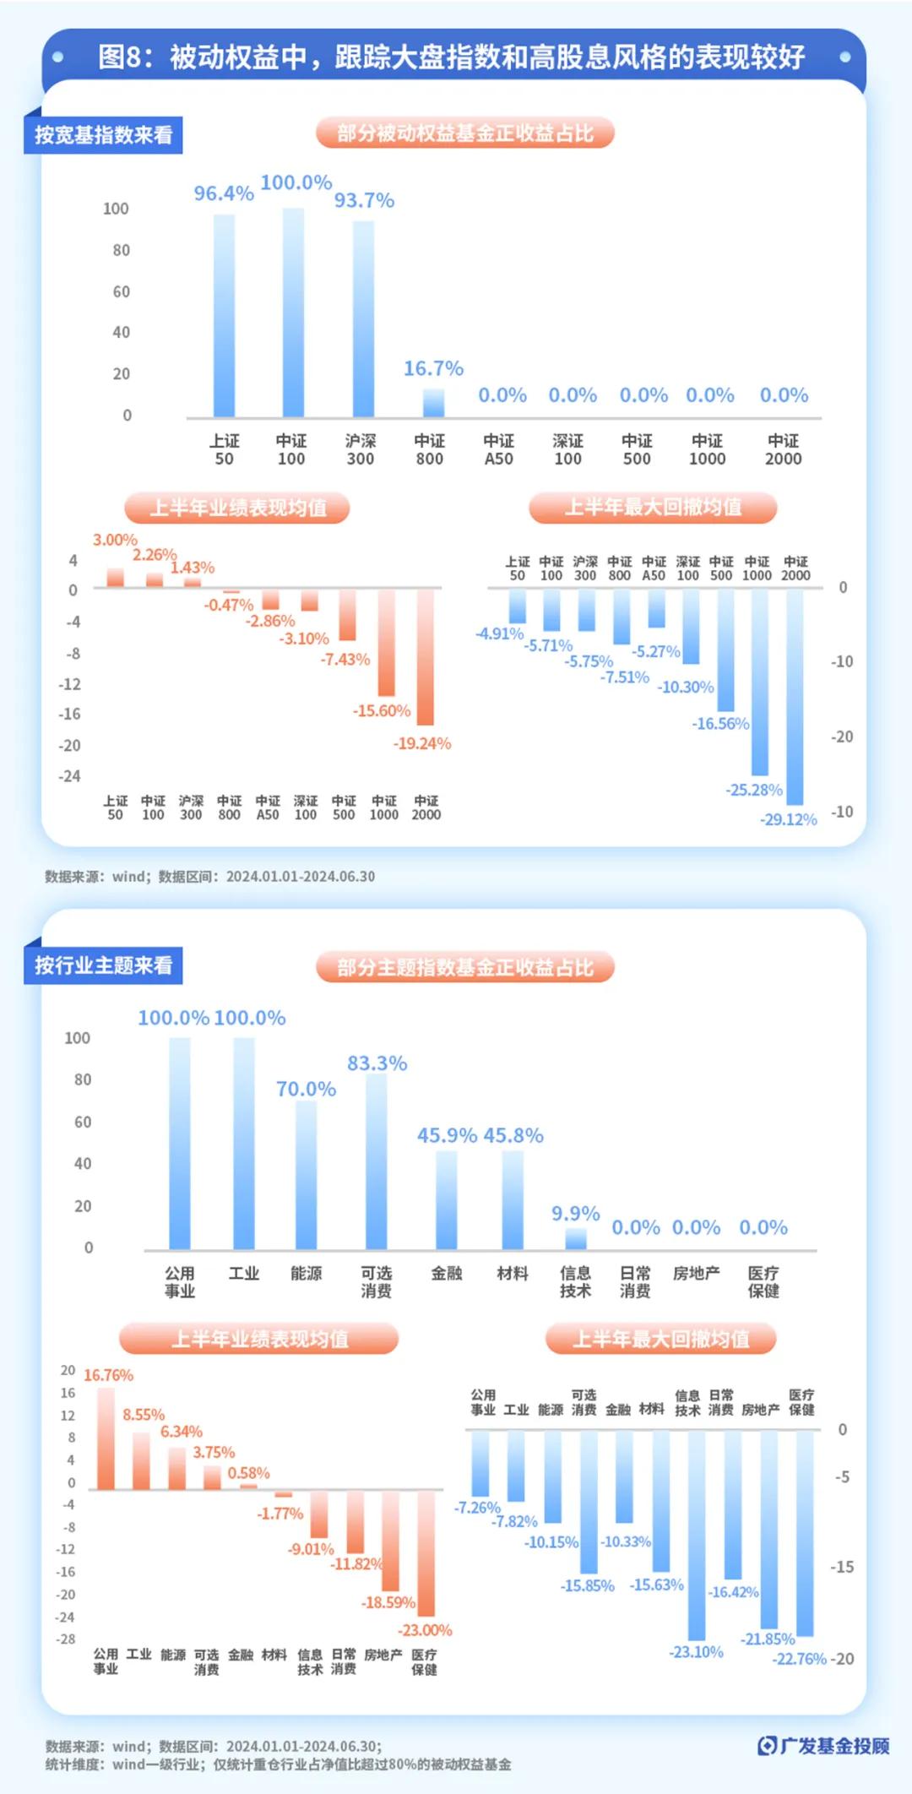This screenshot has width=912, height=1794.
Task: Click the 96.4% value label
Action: click(224, 193)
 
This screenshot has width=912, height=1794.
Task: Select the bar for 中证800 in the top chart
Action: click(433, 403)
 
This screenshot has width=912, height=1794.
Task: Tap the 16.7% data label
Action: click(433, 368)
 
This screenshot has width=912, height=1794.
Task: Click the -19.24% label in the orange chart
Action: click(421, 743)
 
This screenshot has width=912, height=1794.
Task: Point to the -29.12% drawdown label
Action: click(788, 819)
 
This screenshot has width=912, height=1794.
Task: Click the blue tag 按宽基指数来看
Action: click(104, 135)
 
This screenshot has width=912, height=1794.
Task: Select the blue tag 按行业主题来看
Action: click(104, 965)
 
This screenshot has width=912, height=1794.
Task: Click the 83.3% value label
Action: click(377, 1063)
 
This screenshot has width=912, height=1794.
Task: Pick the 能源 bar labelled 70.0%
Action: click(306, 1174)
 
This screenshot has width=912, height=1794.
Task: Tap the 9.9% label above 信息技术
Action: click(575, 1214)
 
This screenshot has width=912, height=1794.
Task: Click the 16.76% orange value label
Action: click(108, 1375)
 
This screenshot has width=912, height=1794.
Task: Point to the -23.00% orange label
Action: click(425, 1630)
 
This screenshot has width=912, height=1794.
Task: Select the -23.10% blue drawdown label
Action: click(696, 1652)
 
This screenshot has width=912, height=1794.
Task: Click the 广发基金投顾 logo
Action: click(823, 1746)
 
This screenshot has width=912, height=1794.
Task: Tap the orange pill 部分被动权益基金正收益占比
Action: click(464, 133)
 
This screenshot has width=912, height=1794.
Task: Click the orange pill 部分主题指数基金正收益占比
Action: click(464, 967)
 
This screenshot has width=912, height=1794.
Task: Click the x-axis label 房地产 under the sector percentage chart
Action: click(696, 1273)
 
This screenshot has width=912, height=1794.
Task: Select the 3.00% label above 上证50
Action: click(115, 540)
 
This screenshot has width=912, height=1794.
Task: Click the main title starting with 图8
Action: click(451, 57)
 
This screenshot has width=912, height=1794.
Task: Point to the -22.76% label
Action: click(799, 1659)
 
